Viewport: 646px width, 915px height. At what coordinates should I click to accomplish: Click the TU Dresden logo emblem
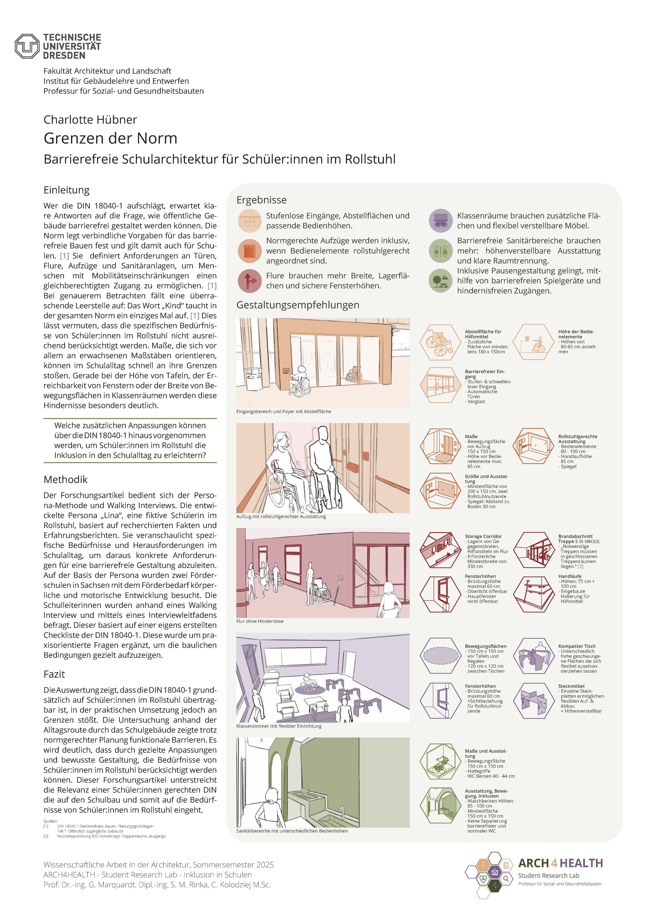(27, 46)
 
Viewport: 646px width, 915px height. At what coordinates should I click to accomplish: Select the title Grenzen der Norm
(110, 138)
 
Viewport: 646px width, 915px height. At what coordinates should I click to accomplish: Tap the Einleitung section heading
(67, 190)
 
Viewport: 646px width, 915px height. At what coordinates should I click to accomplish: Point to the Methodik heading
(65, 479)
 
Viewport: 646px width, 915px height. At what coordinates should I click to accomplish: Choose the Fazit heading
(54, 674)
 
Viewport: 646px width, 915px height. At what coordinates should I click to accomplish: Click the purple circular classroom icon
(441, 220)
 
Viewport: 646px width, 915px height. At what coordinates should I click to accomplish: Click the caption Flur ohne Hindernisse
(260, 621)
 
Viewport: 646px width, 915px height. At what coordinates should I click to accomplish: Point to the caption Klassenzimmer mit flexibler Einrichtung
(279, 726)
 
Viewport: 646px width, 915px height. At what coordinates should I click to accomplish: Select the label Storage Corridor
(483, 536)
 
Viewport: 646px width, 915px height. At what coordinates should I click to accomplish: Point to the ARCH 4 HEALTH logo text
(560, 863)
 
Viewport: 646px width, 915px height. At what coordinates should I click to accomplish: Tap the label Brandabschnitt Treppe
(575, 539)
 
